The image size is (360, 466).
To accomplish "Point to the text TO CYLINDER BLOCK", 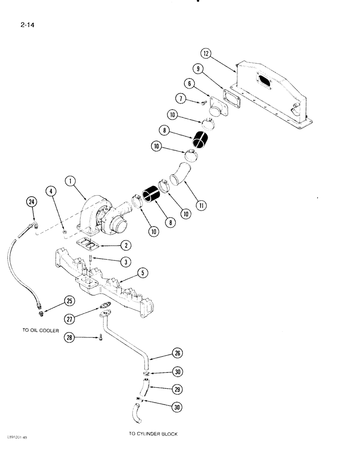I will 153,433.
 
